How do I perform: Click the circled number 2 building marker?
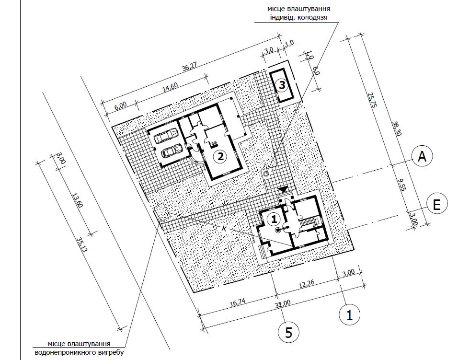(x=220, y=156)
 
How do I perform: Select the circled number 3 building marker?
(x=282, y=85)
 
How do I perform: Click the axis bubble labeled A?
(x=422, y=156)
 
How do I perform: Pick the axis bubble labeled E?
(x=436, y=205)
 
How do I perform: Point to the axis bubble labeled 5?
(x=288, y=332)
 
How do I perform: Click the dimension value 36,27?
(x=189, y=68)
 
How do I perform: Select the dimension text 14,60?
(x=170, y=87)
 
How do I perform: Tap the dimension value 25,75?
(x=372, y=100)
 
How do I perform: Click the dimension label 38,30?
(x=397, y=129)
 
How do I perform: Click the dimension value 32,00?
(x=283, y=304)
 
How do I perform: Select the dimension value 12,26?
(x=306, y=284)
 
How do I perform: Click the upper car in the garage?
(x=167, y=136)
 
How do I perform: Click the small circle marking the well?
(x=266, y=174)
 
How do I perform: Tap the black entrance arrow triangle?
(x=283, y=189)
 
